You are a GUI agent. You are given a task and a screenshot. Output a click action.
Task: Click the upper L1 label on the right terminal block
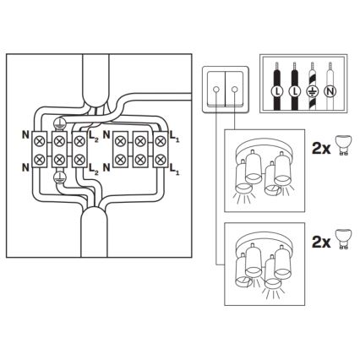[x=175, y=135]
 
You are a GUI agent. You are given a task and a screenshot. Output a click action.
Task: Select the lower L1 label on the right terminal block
[x=175, y=170]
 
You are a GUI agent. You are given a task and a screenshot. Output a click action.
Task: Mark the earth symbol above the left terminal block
[x=58, y=123]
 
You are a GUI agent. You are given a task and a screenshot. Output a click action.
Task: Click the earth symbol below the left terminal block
[x=58, y=179]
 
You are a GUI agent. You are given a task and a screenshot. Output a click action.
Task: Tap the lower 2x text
[x=319, y=242]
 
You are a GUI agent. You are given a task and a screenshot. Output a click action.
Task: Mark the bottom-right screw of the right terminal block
[x=160, y=158]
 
